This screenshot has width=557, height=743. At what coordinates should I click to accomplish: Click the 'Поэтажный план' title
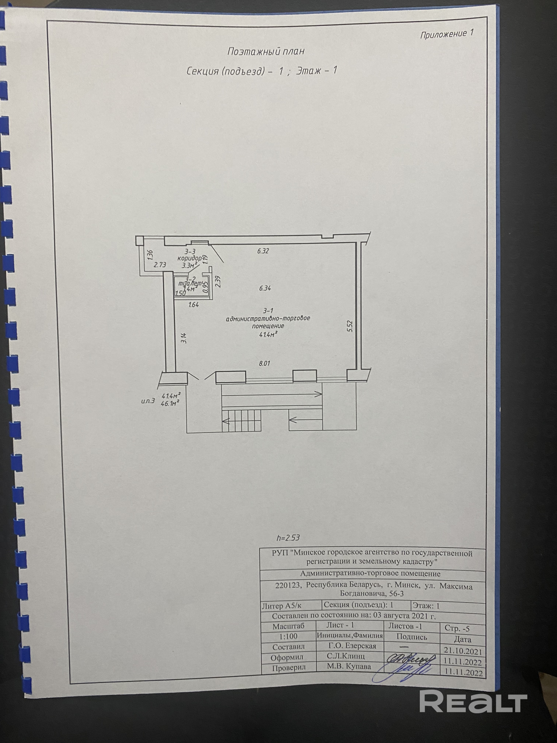(x=266, y=51)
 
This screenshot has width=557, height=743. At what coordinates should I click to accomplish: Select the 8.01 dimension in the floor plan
(x=265, y=363)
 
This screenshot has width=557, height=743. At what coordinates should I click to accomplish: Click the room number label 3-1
(x=268, y=311)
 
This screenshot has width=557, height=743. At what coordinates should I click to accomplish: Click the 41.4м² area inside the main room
(x=268, y=334)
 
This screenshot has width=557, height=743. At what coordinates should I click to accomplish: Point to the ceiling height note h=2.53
(x=288, y=538)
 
